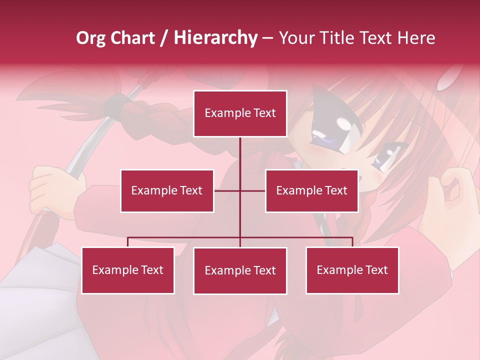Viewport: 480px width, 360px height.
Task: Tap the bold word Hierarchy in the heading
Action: click(215, 38)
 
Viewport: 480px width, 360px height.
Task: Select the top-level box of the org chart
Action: click(240, 113)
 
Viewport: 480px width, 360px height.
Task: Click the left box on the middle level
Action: click(167, 190)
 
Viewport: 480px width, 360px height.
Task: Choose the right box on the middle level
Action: click(311, 190)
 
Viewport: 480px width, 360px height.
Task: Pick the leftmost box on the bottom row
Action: click(128, 270)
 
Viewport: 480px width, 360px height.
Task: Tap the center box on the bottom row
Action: click(240, 271)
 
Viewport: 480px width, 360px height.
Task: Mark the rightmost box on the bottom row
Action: click(352, 270)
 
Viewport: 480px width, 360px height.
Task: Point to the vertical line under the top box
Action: click(240, 155)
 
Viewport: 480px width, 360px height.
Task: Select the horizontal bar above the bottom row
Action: click(185, 237)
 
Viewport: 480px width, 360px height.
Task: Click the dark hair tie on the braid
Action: click(114, 103)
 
